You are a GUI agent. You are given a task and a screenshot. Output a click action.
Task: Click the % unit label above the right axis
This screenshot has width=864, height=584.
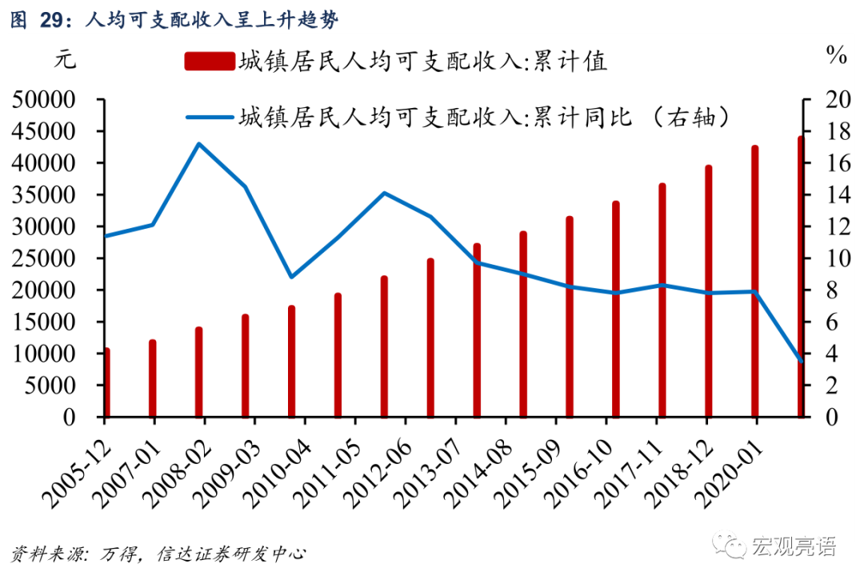coord(837,56)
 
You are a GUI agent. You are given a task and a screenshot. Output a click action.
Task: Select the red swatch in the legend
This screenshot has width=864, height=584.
coord(209,62)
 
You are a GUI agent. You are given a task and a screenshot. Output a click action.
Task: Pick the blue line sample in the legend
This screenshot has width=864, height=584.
coord(209,118)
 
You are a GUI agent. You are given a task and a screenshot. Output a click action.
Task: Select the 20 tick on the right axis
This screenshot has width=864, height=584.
coord(826,100)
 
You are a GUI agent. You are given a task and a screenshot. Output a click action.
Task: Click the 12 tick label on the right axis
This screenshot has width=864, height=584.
coord(826,226)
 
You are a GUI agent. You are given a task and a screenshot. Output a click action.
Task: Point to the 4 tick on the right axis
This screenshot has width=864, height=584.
coord(819,354)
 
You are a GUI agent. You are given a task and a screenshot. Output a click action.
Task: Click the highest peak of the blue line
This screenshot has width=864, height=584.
coord(199,144)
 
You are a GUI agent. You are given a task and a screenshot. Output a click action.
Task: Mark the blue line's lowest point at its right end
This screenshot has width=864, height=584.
coord(801,361)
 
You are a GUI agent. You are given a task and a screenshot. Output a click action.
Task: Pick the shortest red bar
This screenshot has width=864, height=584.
coord(106,382)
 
